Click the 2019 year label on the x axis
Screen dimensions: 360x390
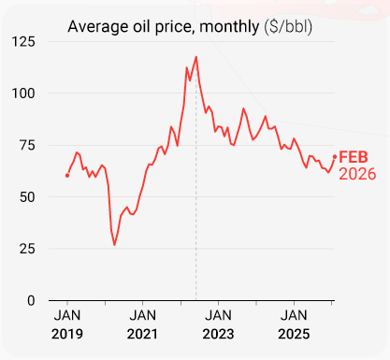tap(66, 335)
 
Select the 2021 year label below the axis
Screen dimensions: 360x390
tap(142, 335)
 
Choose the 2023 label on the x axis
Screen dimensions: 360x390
tap(219, 335)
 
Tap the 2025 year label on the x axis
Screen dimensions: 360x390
tap(295, 335)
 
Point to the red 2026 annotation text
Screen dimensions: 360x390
tap(356, 174)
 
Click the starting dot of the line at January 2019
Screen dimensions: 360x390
tap(67, 175)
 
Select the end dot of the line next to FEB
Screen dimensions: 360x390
tap(335, 157)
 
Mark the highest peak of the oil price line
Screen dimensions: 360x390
tap(196, 57)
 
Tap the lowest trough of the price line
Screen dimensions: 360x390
tap(115, 245)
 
